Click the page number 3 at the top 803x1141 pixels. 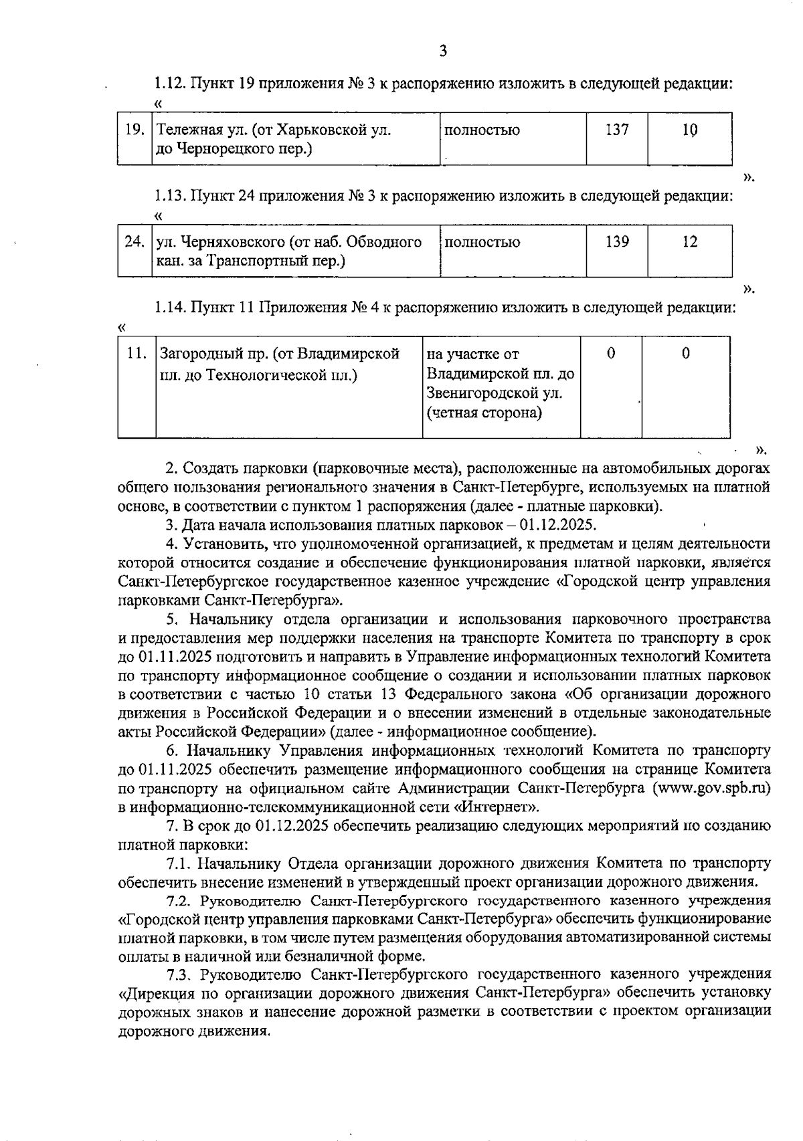442,51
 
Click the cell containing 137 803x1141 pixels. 617,130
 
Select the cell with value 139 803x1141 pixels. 617,242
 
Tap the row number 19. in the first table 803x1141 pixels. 136,130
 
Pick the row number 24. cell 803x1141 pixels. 136,242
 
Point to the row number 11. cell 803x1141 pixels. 137,354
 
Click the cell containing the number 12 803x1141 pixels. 689,242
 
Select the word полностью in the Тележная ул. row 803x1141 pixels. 482,130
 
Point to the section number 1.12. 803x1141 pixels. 169,84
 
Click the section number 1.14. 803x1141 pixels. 169,308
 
